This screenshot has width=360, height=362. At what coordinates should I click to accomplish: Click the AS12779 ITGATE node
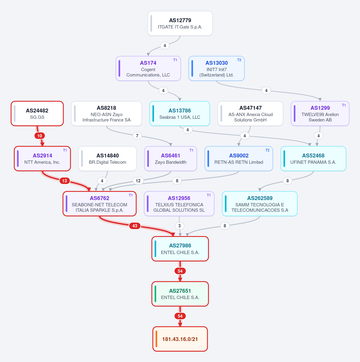point(180,23)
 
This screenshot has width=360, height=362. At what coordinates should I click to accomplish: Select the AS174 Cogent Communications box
point(148,68)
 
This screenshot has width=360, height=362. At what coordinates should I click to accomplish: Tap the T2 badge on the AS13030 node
point(239,60)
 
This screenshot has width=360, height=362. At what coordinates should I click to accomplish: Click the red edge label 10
point(40,136)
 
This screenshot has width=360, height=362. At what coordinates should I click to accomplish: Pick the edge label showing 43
point(135,226)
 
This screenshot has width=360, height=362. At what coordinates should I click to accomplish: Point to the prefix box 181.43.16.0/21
point(180,339)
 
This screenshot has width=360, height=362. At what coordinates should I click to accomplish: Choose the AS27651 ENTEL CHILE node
point(180,294)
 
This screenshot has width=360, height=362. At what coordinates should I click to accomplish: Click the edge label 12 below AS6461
point(138,181)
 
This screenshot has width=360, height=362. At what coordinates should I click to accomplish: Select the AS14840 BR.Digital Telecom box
point(107,159)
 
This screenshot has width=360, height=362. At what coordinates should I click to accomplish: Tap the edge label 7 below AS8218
point(137,136)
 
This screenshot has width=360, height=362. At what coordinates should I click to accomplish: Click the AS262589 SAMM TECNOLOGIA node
point(259,204)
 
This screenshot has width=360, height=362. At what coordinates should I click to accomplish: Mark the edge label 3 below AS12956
point(180,226)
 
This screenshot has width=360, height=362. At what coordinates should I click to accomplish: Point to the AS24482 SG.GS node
point(37,113)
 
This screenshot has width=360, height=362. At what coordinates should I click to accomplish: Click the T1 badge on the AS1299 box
point(344,105)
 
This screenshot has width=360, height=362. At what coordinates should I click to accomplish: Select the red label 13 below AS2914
point(65,181)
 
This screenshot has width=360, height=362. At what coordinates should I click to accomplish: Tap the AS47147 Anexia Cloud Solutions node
point(250,113)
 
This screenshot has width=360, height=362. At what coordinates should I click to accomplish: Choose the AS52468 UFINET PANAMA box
point(313,159)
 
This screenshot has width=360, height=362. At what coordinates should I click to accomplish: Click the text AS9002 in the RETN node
point(239,156)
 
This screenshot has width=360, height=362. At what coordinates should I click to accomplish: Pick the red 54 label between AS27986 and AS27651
point(180,271)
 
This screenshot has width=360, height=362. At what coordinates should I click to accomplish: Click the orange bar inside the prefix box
point(156,339)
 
